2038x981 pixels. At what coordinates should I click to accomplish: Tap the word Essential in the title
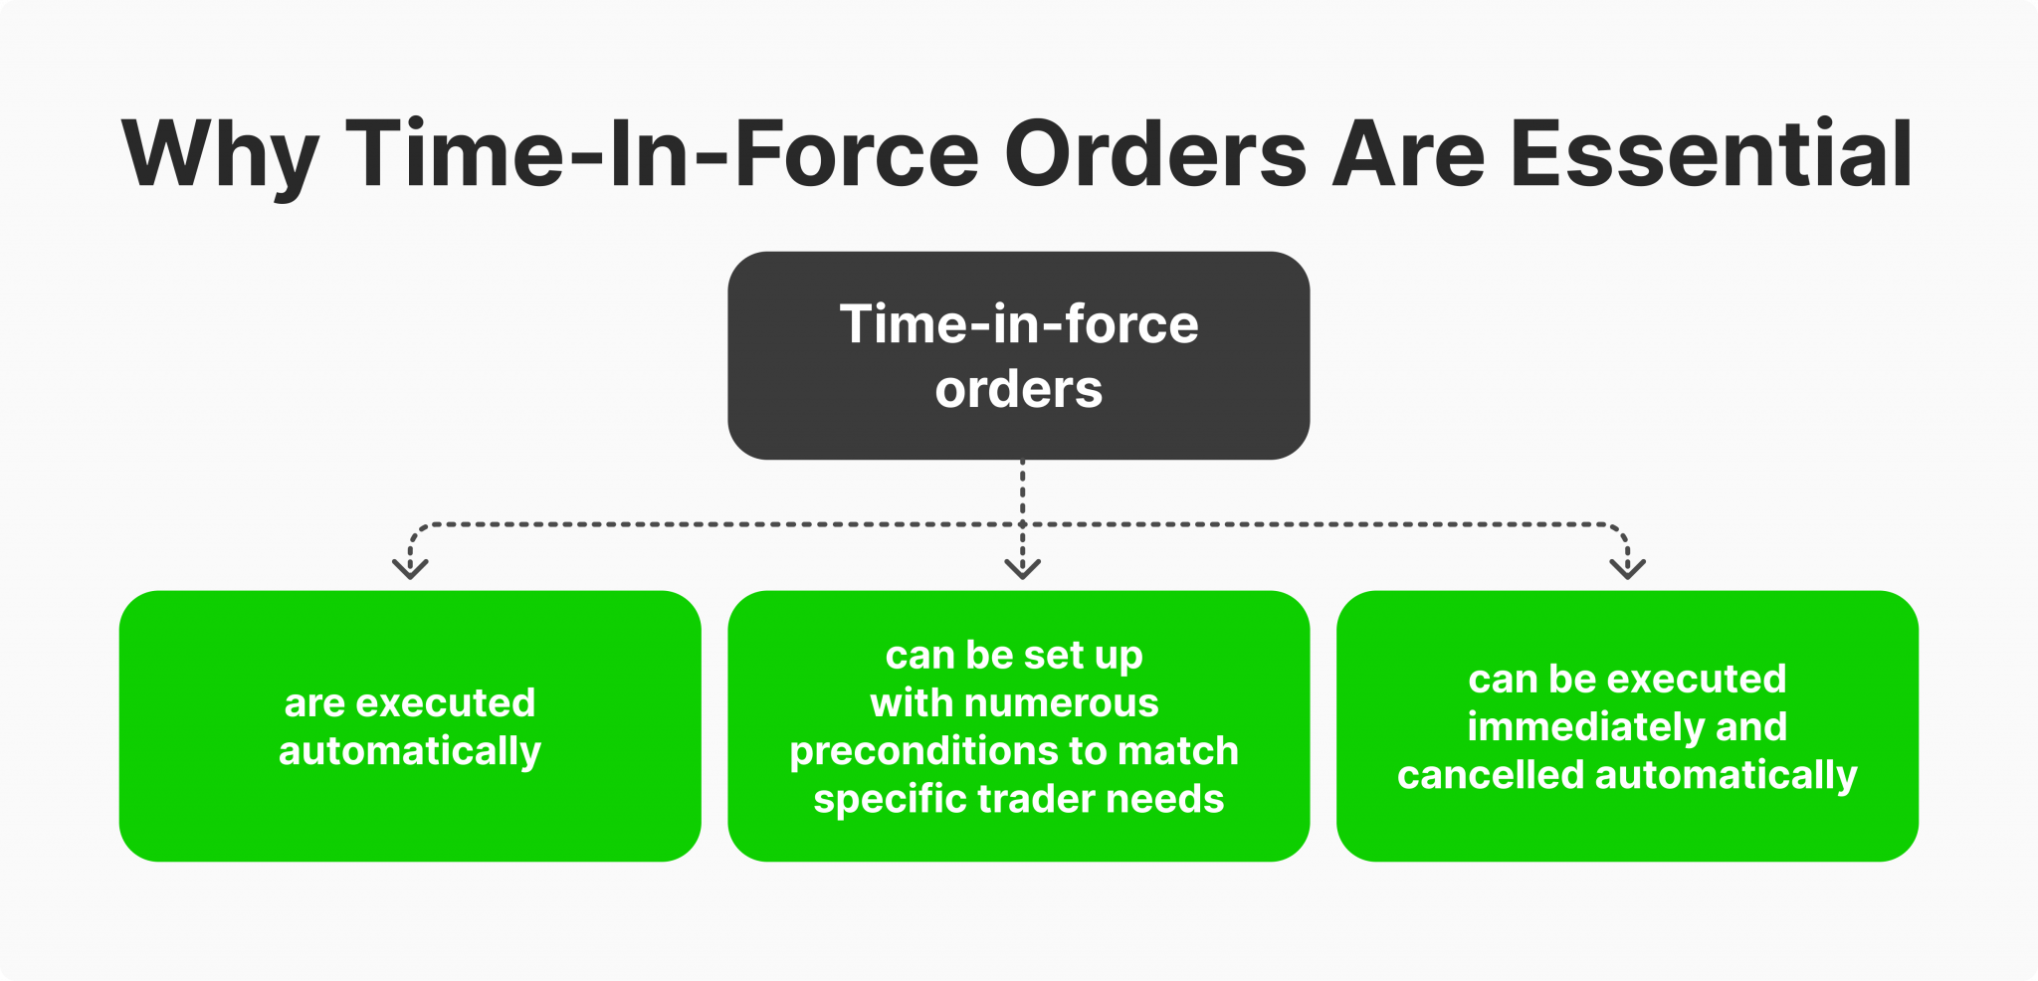click(x=1711, y=154)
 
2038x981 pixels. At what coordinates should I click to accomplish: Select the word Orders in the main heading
click(x=1154, y=154)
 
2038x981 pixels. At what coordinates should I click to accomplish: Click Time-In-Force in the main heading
click(x=663, y=154)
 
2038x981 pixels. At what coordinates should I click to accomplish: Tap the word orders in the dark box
click(x=1018, y=389)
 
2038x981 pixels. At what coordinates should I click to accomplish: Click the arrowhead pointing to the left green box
click(x=410, y=568)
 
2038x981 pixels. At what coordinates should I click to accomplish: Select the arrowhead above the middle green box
click(x=1022, y=568)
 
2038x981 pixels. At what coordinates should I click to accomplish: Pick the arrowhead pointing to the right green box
click(x=1627, y=568)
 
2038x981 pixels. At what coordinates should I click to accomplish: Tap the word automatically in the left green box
click(x=410, y=752)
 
